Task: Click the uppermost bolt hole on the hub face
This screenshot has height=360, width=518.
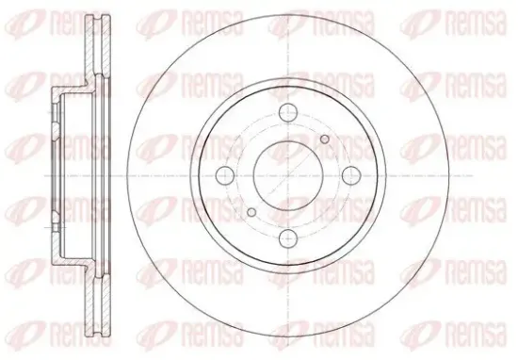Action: coord(288,113)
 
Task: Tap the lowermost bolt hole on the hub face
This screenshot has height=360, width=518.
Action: coord(288,237)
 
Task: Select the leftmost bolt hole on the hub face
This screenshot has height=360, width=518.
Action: coord(225,175)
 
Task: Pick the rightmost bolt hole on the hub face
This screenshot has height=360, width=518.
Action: coord(351,175)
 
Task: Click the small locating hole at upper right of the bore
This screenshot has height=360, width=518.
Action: coord(325,139)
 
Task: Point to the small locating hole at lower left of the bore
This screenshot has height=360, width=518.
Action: coord(251,212)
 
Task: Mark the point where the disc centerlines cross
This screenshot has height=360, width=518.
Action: coord(288,175)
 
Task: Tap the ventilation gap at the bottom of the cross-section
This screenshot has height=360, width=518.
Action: coord(98,305)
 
